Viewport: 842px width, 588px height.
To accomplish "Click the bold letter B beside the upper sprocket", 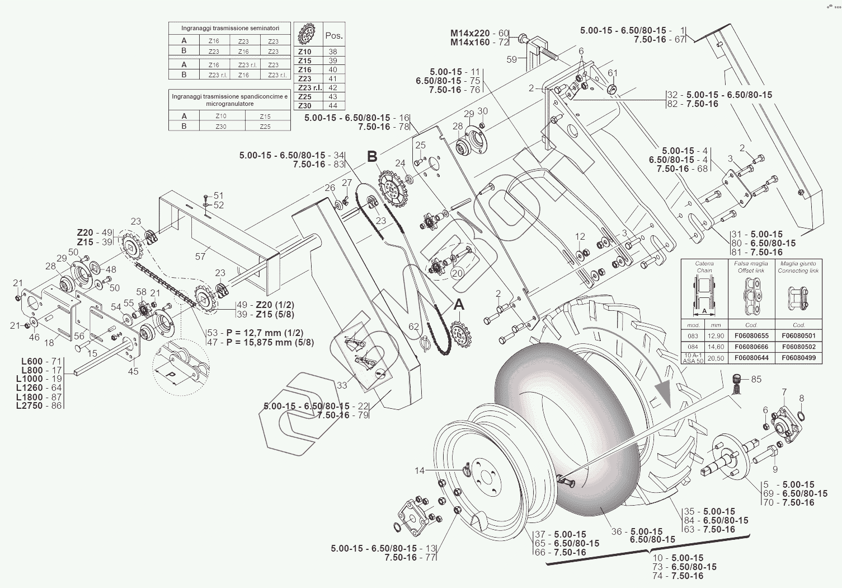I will click(373, 157).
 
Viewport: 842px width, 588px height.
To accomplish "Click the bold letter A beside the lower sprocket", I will click(459, 305).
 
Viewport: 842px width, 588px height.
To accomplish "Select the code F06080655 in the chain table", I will click(751, 336).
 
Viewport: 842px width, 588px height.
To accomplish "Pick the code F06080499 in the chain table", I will click(798, 358).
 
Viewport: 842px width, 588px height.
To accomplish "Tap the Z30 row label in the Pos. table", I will click(305, 105).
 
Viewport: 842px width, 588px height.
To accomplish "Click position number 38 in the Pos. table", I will click(333, 52).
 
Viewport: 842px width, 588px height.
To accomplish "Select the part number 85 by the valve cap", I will click(756, 379).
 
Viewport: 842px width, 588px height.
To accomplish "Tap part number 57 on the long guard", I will click(200, 256).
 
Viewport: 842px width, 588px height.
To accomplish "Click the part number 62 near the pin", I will click(413, 326).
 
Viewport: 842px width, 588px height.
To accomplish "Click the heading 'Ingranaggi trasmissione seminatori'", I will click(230, 28).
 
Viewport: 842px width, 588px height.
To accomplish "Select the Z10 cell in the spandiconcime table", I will click(221, 116).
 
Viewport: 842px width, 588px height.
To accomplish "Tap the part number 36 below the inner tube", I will click(616, 531).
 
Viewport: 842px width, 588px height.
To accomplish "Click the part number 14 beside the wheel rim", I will click(420, 470).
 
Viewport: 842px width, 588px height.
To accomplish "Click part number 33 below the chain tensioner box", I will click(342, 385).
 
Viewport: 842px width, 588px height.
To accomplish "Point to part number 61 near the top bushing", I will click(613, 73).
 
